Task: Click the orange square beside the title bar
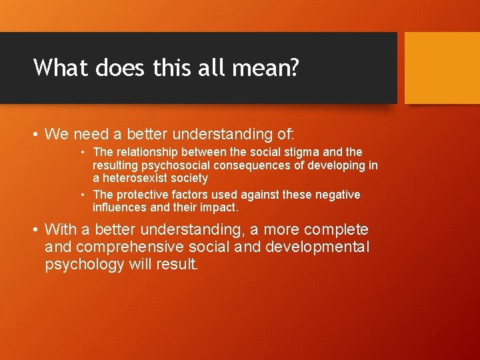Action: pos(442,67)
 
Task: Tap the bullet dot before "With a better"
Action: pos(37,230)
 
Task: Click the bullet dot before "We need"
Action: pos(37,135)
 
